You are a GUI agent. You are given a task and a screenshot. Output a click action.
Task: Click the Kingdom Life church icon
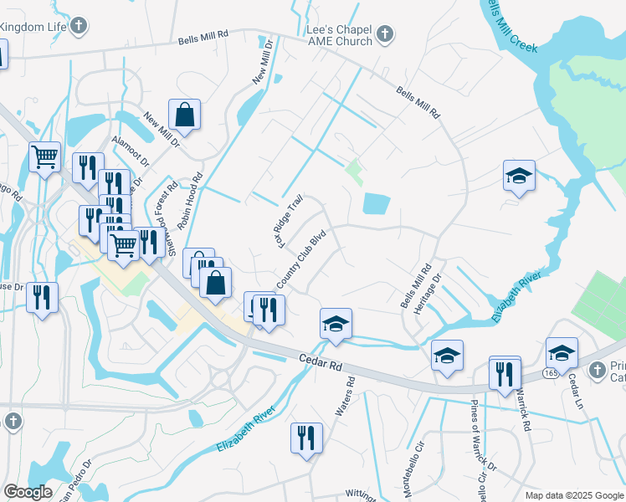tap(78, 25)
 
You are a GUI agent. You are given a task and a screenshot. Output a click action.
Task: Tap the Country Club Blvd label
tap(300, 262)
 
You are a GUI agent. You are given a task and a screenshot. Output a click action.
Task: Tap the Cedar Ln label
tap(574, 390)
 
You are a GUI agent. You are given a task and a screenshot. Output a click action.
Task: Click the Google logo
tap(28, 492)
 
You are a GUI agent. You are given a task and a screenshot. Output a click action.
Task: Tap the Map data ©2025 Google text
tap(573, 495)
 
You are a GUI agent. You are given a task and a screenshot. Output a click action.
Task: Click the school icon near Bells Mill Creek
tap(519, 177)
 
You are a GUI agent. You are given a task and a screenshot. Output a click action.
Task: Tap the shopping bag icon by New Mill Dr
tap(184, 115)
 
